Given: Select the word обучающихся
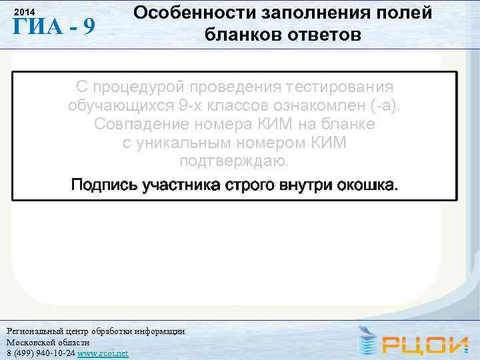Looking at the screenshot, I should click(126, 106).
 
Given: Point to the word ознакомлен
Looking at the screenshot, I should click(333, 106).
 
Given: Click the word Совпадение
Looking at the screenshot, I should click(152, 125).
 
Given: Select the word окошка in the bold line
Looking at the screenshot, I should click(369, 184).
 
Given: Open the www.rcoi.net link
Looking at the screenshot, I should click(103, 353).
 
